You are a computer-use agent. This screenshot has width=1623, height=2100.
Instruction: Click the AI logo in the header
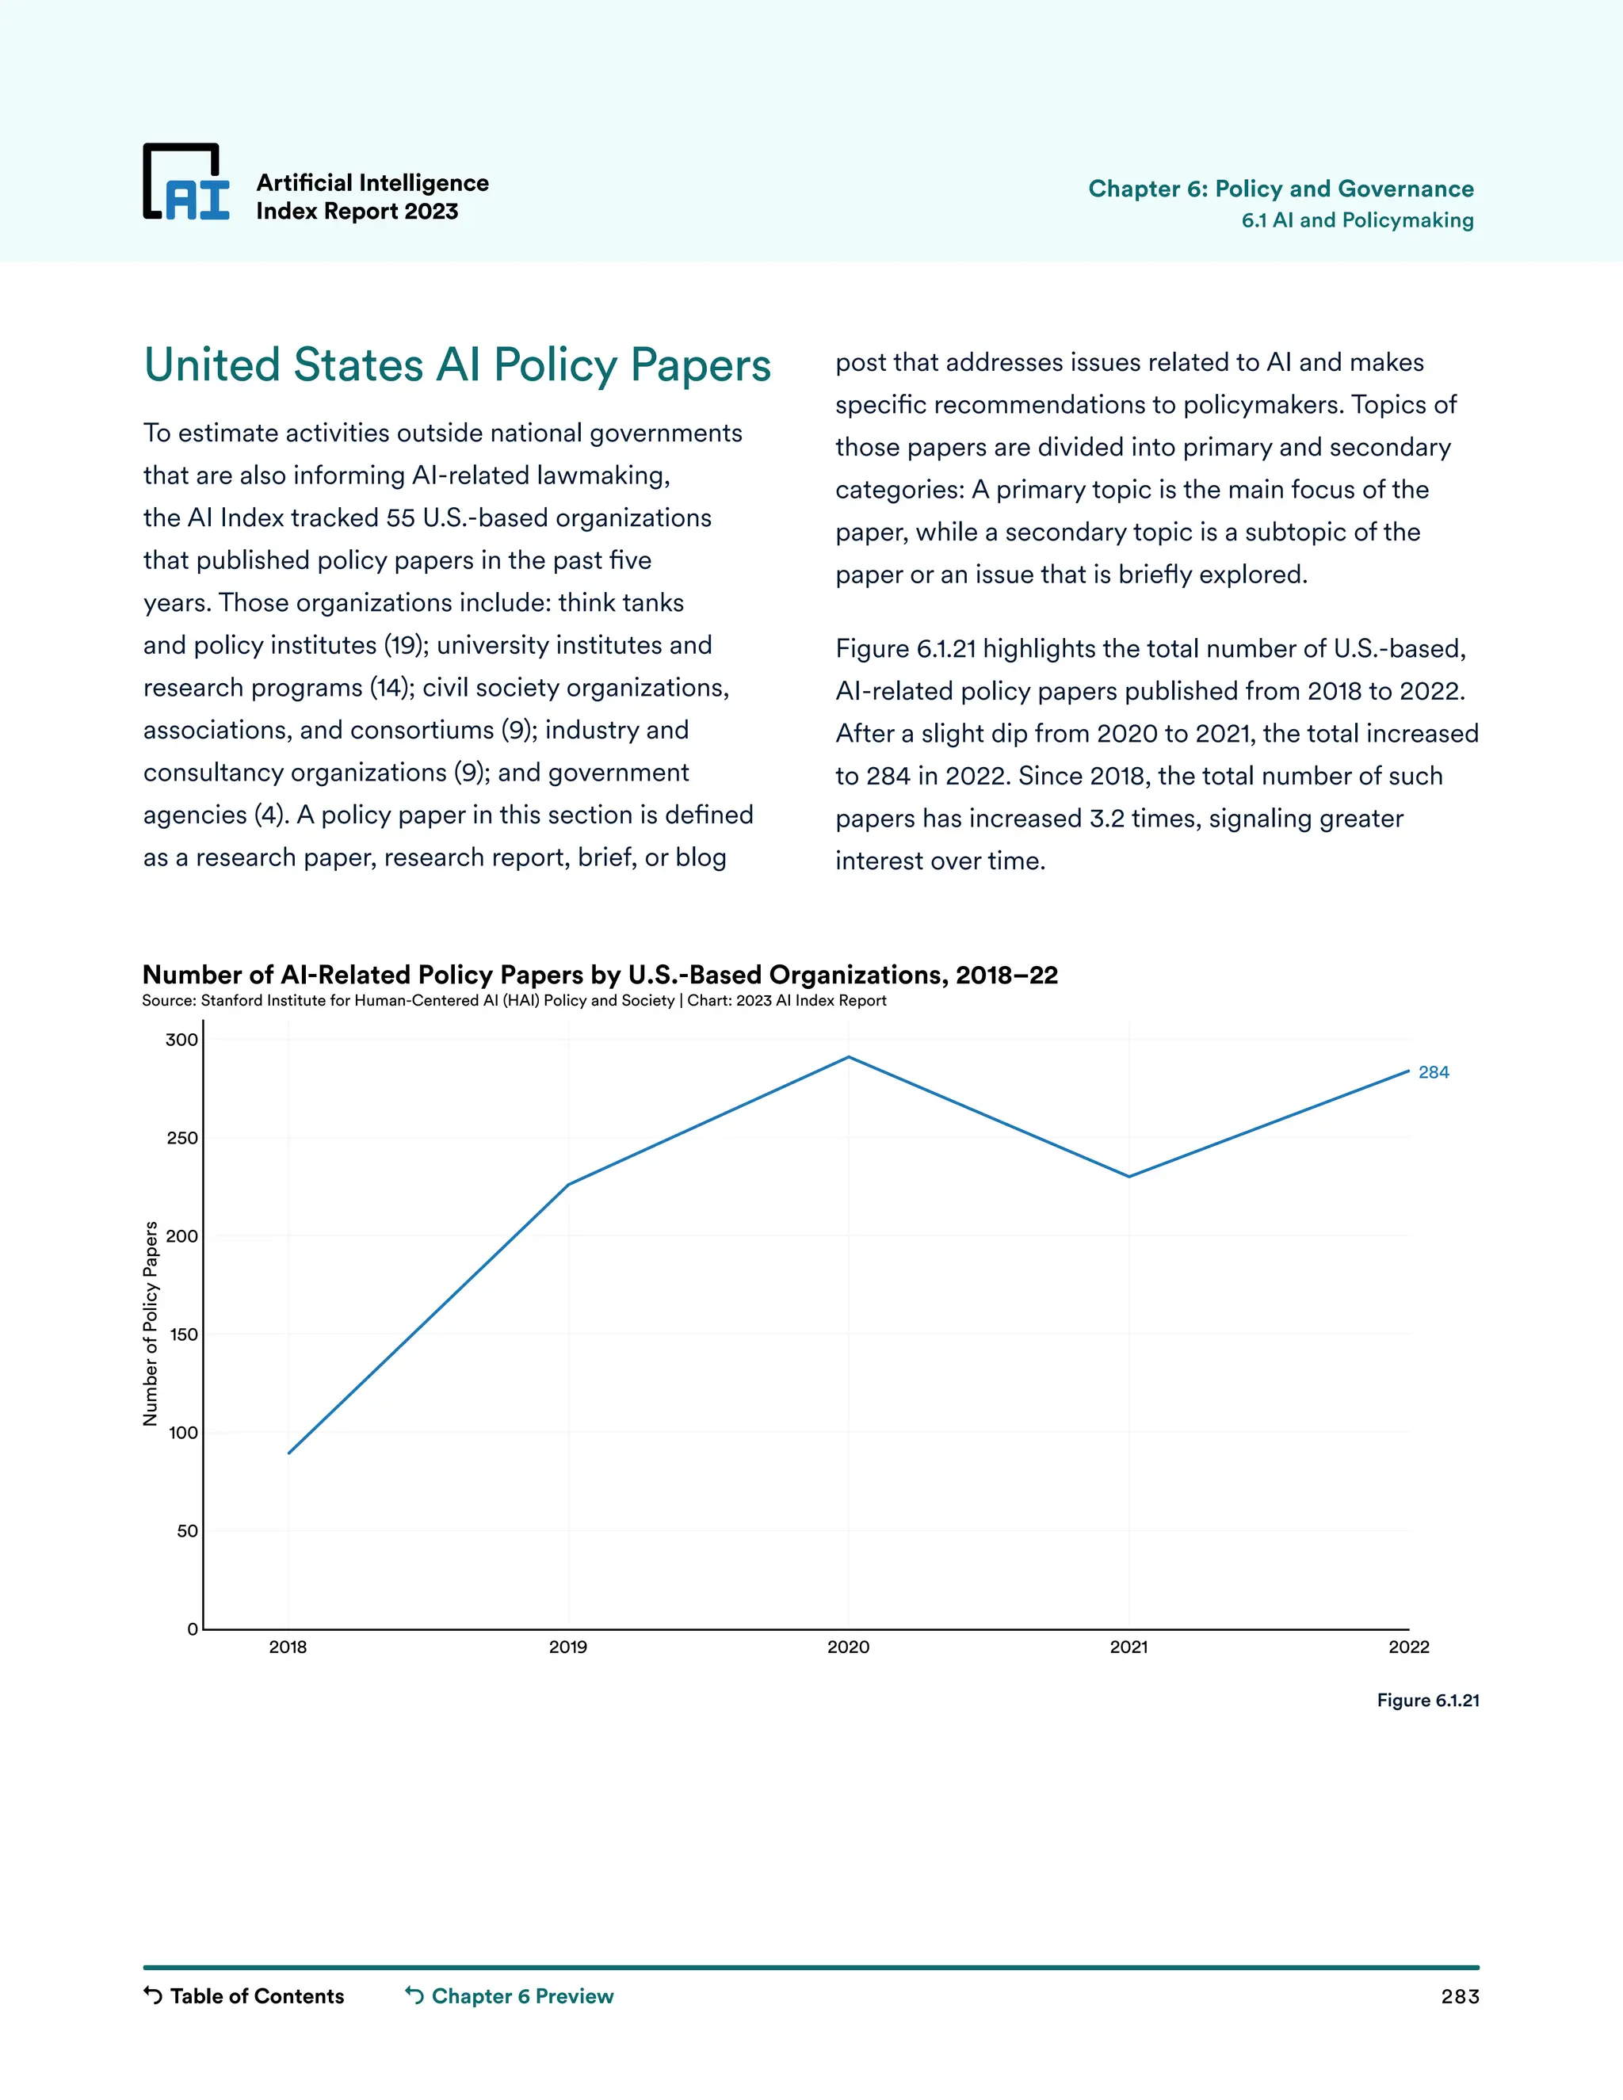pyautogui.click(x=186, y=183)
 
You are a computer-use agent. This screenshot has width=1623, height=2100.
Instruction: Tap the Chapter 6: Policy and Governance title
pyautogui.click(x=1280, y=189)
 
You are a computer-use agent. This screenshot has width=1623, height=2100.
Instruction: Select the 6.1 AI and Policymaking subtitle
pyautogui.click(x=1357, y=220)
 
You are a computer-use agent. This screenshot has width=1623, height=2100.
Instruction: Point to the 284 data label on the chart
pyautogui.click(x=1433, y=1072)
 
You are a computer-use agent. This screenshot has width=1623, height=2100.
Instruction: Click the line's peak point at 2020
pyautogui.click(x=848, y=1058)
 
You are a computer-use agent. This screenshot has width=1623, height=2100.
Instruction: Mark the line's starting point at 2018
pyautogui.click(x=288, y=1453)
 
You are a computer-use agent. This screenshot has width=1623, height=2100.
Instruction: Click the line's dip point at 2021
pyautogui.click(x=1128, y=1176)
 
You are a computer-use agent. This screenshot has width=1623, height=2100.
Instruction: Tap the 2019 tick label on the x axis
pyautogui.click(x=567, y=1648)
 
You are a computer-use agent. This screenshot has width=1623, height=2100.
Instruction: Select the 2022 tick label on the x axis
pyautogui.click(x=1408, y=1648)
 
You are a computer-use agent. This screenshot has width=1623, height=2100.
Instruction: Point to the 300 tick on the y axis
pyautogui.click(x=181, y=1040)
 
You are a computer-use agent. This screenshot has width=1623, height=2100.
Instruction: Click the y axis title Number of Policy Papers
pyautogui.click(x=150, y=1323)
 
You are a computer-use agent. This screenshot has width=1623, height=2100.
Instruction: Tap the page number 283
pyautogui.click(x=1459, y=1997)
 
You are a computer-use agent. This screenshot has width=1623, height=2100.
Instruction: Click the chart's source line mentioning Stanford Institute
pyautogui.click(x=514, y=1001)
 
